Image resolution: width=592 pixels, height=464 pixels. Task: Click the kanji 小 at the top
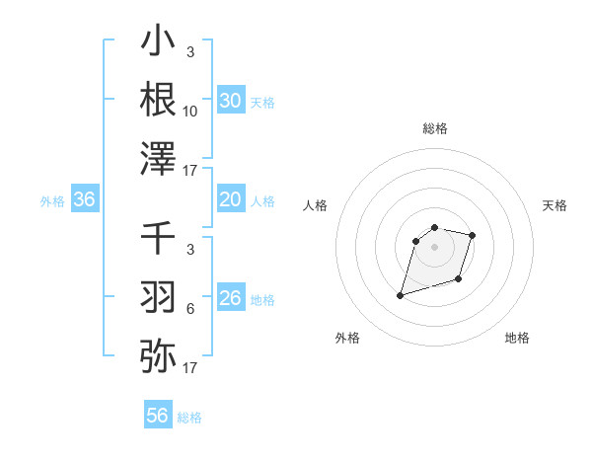(x=158, y=41)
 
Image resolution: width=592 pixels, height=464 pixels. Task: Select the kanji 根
(x=158, y=99)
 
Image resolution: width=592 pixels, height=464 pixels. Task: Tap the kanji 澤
(x=158, y=158)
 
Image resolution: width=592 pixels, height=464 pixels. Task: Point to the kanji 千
(x=158, y=238)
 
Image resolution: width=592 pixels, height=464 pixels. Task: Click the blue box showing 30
(x=230, y=101)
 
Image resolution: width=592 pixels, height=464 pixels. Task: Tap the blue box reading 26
(x=230, y=298)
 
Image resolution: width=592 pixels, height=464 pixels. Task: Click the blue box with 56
(x=158, y=416)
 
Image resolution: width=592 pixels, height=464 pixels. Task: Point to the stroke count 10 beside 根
(x=190, y=112)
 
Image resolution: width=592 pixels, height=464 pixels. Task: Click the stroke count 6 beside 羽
(x=190, y=309)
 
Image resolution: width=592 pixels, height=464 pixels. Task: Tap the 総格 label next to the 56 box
(x=189, y=418)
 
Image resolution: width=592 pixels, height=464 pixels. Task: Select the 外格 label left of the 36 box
(x=52, y=201)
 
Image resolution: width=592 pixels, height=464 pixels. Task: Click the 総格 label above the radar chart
(x=434, y=128)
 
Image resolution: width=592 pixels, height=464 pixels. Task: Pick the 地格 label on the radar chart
(x=517, y=338)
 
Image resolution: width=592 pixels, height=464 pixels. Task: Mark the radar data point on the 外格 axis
(x=401, y=294)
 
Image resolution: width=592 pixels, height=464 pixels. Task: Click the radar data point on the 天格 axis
(x=473, y=235)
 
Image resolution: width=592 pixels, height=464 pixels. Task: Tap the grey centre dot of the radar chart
(x=434, y=247)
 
